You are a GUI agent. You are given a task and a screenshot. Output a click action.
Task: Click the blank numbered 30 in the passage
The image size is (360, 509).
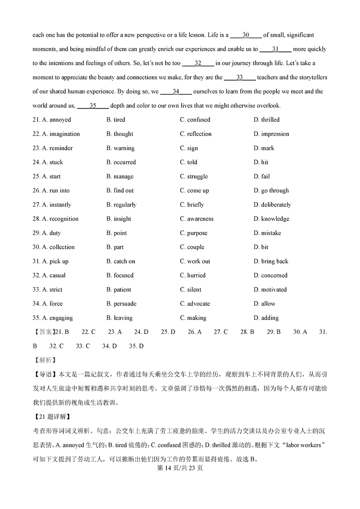pyautogui.click(x=246, y=35)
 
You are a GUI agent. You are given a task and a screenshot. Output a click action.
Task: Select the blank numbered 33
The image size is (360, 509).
pyautogui.click(x=240, y=78)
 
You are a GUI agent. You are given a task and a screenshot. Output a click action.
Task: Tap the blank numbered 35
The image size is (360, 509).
pyautogui.click(x=93, y=106)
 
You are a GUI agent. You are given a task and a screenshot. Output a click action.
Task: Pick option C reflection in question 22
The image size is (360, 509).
pyautogui.click(x=196, y=134)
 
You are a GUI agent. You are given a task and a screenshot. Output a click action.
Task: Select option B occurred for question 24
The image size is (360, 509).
pyautogui.click(x=121, y=162)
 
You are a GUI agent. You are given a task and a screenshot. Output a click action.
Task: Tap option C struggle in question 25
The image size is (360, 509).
pyautogui.click(x=194, y=176)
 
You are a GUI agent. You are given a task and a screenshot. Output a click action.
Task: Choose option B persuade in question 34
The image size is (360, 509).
pyautogui.click(x=121, y=304)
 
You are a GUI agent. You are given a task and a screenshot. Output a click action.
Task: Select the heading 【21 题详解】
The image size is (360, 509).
pyautogui.click(x=52, y=417)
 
